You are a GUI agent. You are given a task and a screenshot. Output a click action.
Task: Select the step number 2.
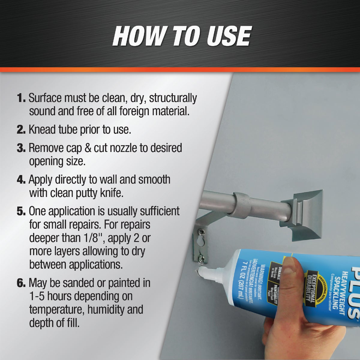[x=21, y=130]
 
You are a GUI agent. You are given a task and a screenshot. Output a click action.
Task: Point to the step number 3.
[x=21, y=148]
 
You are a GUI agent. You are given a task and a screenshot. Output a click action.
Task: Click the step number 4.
[x=21, y=180]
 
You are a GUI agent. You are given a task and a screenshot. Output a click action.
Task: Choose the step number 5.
[x=21, y=211]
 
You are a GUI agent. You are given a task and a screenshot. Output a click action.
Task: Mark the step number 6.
[x=21, y=283]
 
